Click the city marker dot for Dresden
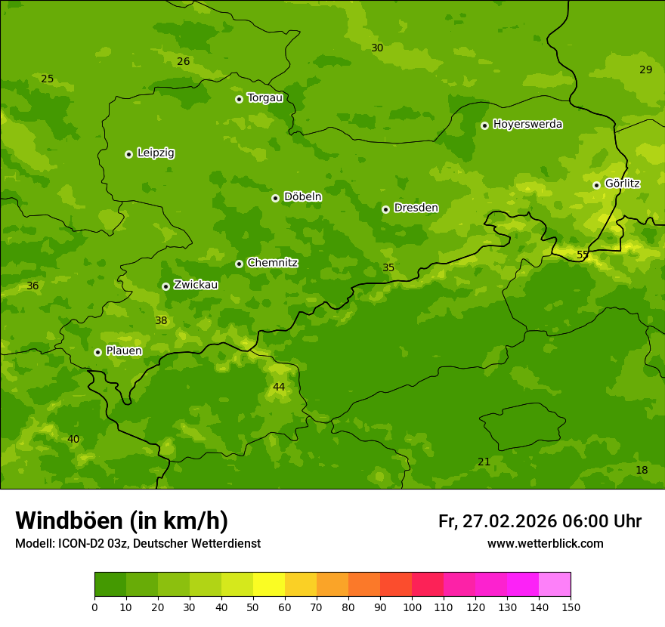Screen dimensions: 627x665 coord(385,209)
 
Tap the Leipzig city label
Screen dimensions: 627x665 coord(156,153)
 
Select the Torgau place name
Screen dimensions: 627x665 coord(264,97)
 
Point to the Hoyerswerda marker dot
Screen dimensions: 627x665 coord(484,125)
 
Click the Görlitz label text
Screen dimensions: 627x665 coord(622,184)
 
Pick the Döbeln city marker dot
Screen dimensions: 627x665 coord(275,198)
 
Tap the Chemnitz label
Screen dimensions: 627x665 coord(272,263)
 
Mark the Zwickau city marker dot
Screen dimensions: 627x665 coord(165,286)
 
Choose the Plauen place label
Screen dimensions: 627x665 coord(124,351)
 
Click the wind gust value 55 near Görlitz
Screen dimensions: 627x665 coord(583,255)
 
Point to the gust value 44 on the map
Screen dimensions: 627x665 coord(279,387)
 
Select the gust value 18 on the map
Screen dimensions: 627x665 coord(642,470)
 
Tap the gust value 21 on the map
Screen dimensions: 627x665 coord(484,462)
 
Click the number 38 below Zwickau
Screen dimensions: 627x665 coord(161,320)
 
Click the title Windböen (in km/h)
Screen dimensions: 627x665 coord(122,520)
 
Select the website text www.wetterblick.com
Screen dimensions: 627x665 coord(545,543)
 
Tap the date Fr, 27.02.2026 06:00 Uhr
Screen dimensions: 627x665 coord(540,521)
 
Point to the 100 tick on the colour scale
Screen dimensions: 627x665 coord(412,607)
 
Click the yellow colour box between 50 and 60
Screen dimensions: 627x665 coord(269,584)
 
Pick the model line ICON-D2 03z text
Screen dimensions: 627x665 coord(138,543)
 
